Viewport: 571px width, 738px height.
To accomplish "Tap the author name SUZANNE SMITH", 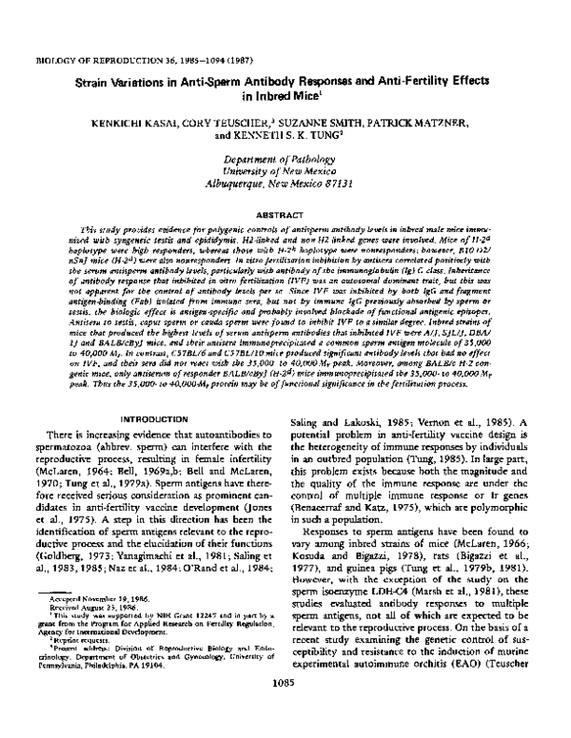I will tap(327, 125).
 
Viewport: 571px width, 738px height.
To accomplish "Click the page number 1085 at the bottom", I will tap(285, 711).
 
